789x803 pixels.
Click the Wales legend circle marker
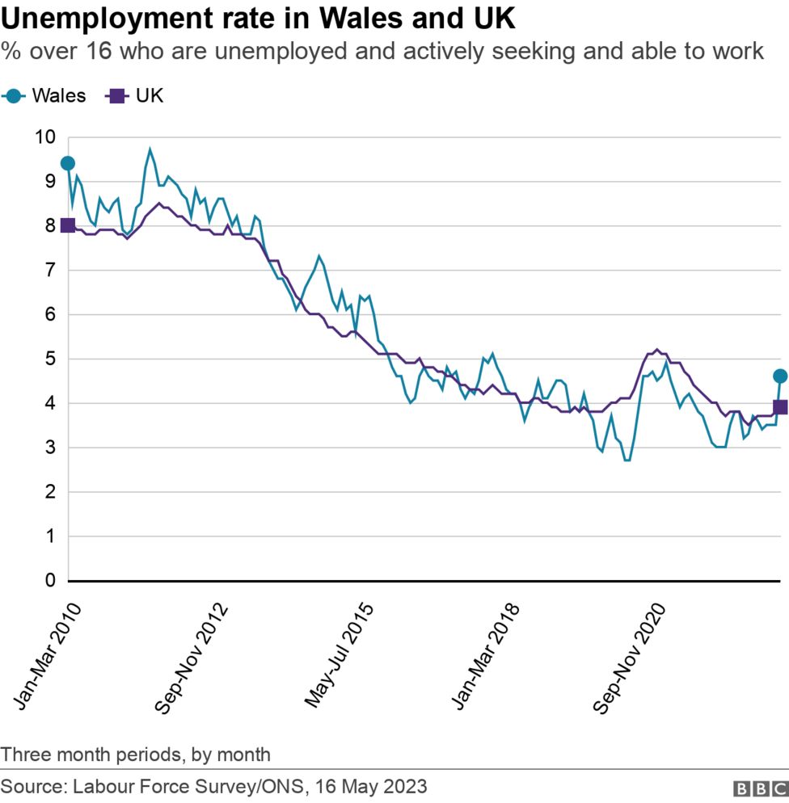coord(14,96)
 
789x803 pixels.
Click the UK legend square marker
coord(117,96)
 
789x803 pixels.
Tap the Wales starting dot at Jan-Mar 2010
coord(68,164)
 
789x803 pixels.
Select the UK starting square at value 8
coord(68,225)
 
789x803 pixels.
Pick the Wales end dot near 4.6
coord(780,376)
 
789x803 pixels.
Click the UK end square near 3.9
coord(780,407)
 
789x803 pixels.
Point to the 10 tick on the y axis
coord(44,137)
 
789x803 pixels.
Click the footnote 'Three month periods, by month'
coord(136,755)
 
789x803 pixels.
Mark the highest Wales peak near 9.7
coord(150,149)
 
